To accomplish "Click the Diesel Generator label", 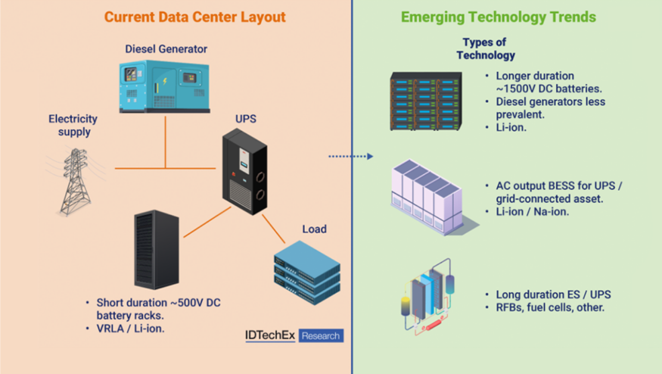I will [x=166, y=49].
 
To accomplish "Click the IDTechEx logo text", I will [x=269, y=335].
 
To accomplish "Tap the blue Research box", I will [x=321, y=335].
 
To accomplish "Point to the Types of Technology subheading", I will [x=485, y=49].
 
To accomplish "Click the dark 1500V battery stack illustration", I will [x=425, y=101].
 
